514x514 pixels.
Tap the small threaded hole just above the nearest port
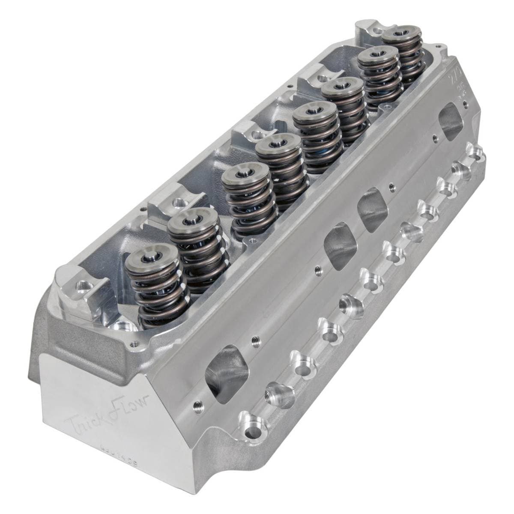[x=253, y=341]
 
